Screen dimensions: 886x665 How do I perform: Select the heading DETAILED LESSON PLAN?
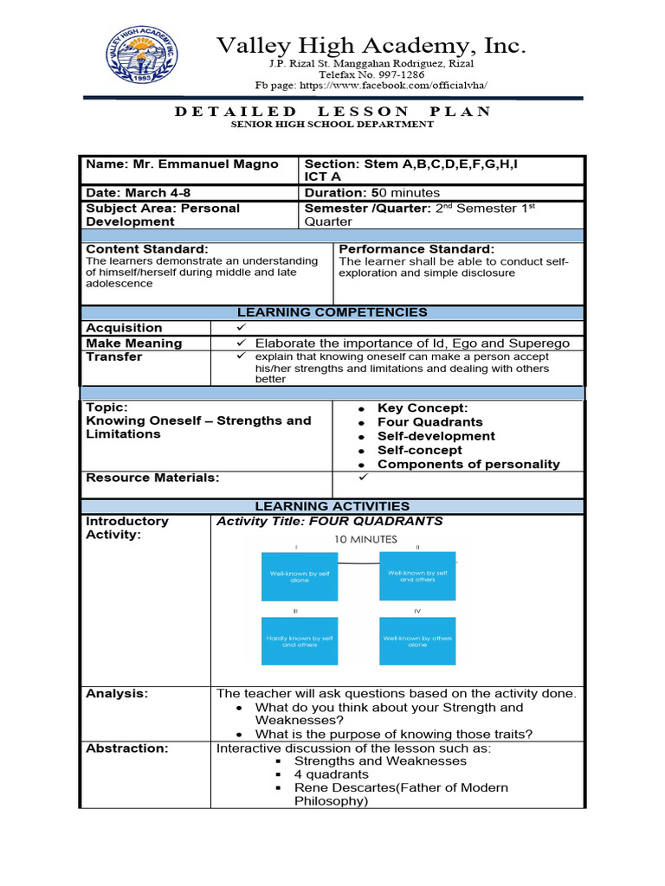click(332, 112)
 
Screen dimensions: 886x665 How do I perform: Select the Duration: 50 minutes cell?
click(372, 193)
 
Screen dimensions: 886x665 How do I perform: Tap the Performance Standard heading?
click(416, 249)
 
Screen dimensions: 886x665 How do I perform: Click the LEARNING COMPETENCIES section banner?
click(332, 312)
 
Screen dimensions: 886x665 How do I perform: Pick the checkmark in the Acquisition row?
click(241, 328)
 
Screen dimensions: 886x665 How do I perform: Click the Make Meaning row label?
click(134, 343)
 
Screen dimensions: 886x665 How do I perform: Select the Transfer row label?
click(114, 357)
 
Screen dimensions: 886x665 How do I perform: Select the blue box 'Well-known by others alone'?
click(417, 641)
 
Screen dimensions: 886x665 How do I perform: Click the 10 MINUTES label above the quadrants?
click(366, 539)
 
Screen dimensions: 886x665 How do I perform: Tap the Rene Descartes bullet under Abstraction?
click(401, 788)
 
